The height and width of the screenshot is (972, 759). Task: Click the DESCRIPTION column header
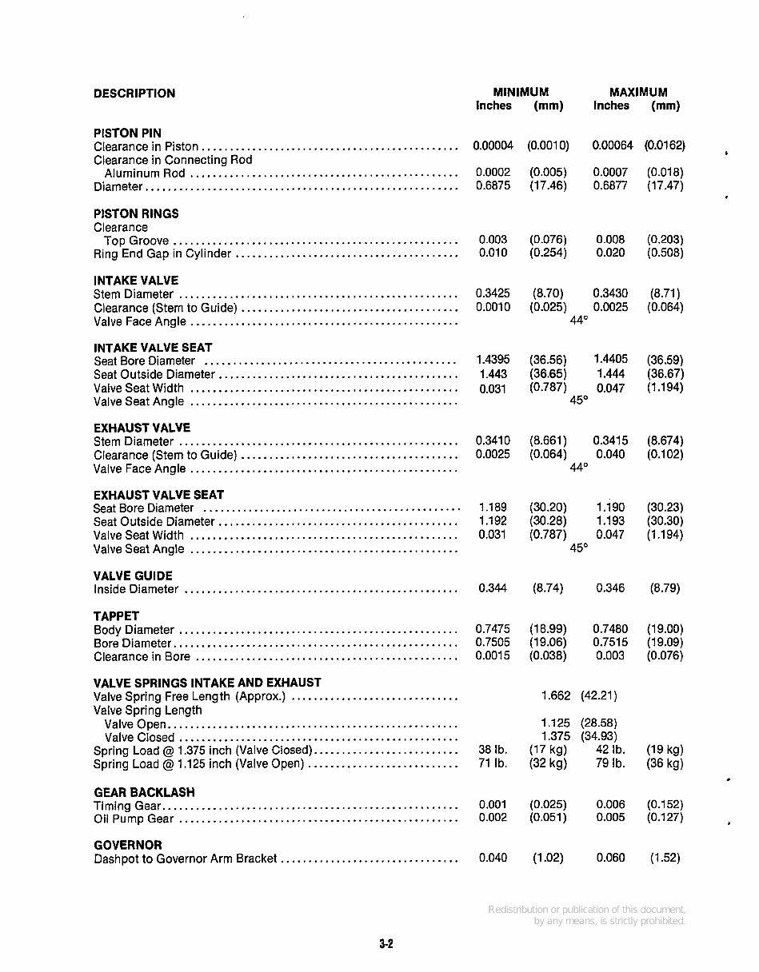(134, 94)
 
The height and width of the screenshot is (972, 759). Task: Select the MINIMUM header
(521, 92)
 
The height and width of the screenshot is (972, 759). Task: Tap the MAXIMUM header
(637, 92)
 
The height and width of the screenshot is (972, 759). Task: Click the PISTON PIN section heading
(127, 133)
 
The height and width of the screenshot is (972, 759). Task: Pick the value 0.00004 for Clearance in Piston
(493, 145)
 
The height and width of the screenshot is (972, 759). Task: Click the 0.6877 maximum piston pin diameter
(610, 185)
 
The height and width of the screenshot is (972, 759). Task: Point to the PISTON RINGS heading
(136, 213)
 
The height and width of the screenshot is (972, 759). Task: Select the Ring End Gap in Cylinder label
(162, 254)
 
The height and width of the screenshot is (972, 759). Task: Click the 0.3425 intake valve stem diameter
(493, 293)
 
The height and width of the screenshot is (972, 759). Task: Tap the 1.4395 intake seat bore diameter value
(493, 360)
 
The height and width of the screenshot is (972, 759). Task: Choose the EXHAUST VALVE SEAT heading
(158, 495)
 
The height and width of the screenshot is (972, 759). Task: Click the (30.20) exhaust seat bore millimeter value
(548, 508)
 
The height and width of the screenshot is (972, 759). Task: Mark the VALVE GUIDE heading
(133, 576)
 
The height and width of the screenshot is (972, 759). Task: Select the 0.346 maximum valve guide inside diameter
(610, 588)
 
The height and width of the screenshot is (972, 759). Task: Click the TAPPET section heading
(116, 616)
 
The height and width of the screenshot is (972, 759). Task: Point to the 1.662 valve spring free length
(556, 695)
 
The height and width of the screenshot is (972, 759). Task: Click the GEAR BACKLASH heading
(144, 792)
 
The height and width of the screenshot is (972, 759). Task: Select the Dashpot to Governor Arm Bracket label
(185, 858)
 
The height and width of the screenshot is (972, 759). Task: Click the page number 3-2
(386, 944)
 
